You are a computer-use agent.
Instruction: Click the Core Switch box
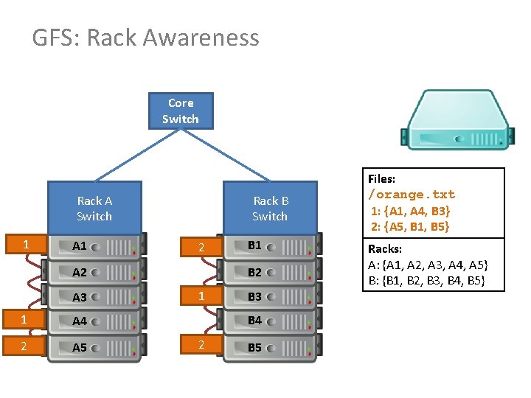coord(181,111)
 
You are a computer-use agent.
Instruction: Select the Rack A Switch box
coord(94,208)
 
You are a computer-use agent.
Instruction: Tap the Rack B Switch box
coord(270,208)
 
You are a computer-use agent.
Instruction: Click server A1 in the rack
coord(94,246)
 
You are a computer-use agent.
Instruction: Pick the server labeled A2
coord(94,272)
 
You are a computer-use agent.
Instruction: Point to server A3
coord(94,297)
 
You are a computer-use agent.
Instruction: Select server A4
coord(94,321)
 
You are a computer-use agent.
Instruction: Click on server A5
coord(94,348)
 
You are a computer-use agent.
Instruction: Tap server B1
coord(270,245)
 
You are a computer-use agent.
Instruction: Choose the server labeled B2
coord(270,272)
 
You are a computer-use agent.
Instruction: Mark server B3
coord(270,297)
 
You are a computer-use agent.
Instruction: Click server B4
coord(270,321)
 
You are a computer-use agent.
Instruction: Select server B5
coord(270,348)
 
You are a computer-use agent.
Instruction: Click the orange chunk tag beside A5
coord(26,346)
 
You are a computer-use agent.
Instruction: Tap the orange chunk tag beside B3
coord(201,296)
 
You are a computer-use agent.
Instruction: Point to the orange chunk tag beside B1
coord(201,248)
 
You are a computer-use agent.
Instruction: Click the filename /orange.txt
coord(412,195)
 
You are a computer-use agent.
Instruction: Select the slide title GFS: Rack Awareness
coord(145,38)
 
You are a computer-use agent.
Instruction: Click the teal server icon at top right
coord(457,119)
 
